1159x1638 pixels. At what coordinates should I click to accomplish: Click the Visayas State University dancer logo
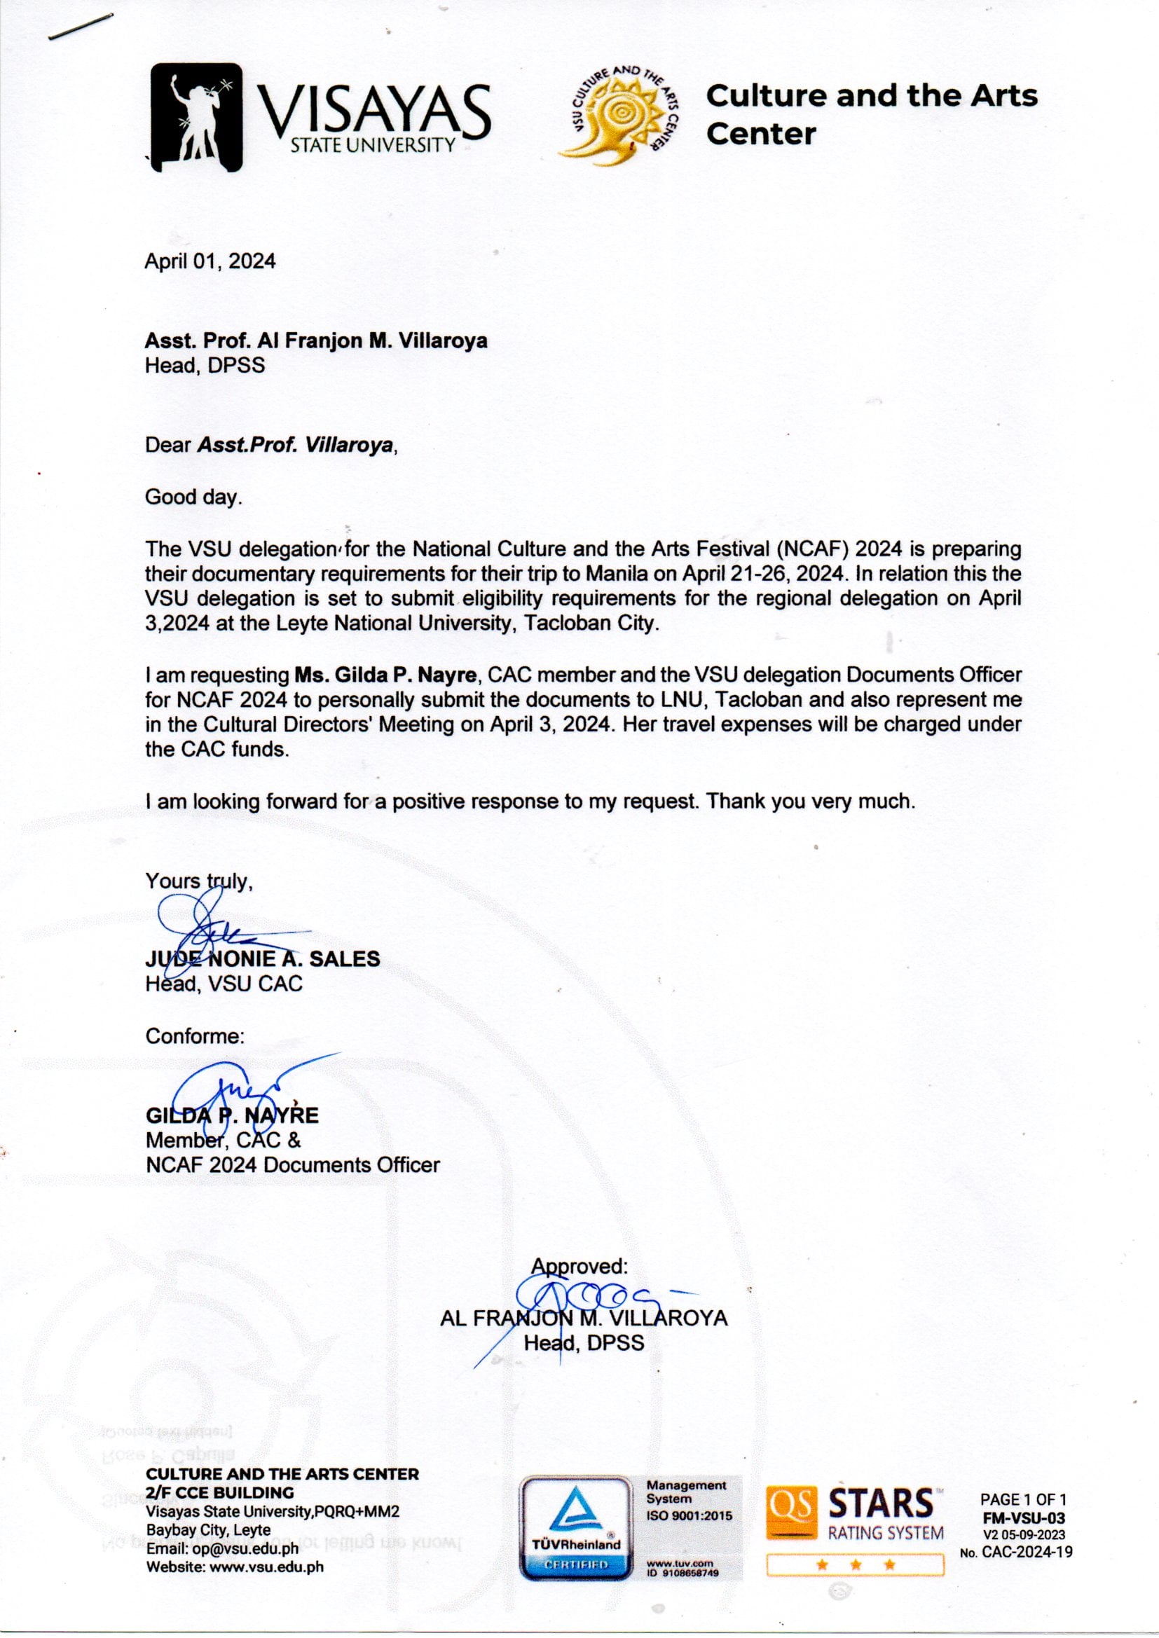(x=197, y=118)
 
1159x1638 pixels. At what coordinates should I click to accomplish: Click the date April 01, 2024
(x=210, y=261)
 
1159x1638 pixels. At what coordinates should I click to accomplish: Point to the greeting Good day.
(x=193, y=497)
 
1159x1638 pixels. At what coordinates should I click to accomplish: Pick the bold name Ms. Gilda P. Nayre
(x=385, y=674)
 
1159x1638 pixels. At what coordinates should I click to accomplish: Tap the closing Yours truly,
(x=199, y=882)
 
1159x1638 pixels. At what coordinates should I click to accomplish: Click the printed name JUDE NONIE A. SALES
(x=263, y=959)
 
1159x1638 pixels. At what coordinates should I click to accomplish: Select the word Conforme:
(x=195, y=1036)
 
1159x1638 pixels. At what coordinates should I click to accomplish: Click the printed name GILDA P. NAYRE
(x=232, y=1115)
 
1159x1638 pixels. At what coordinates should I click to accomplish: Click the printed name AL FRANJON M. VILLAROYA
(x=584, y=1318)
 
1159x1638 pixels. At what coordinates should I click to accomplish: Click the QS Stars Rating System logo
(x=854, y=1527)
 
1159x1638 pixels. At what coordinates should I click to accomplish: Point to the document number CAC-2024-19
(x=1026, y=1552)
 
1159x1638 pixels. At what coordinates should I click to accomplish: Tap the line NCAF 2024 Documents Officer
(x=293, y=1165)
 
